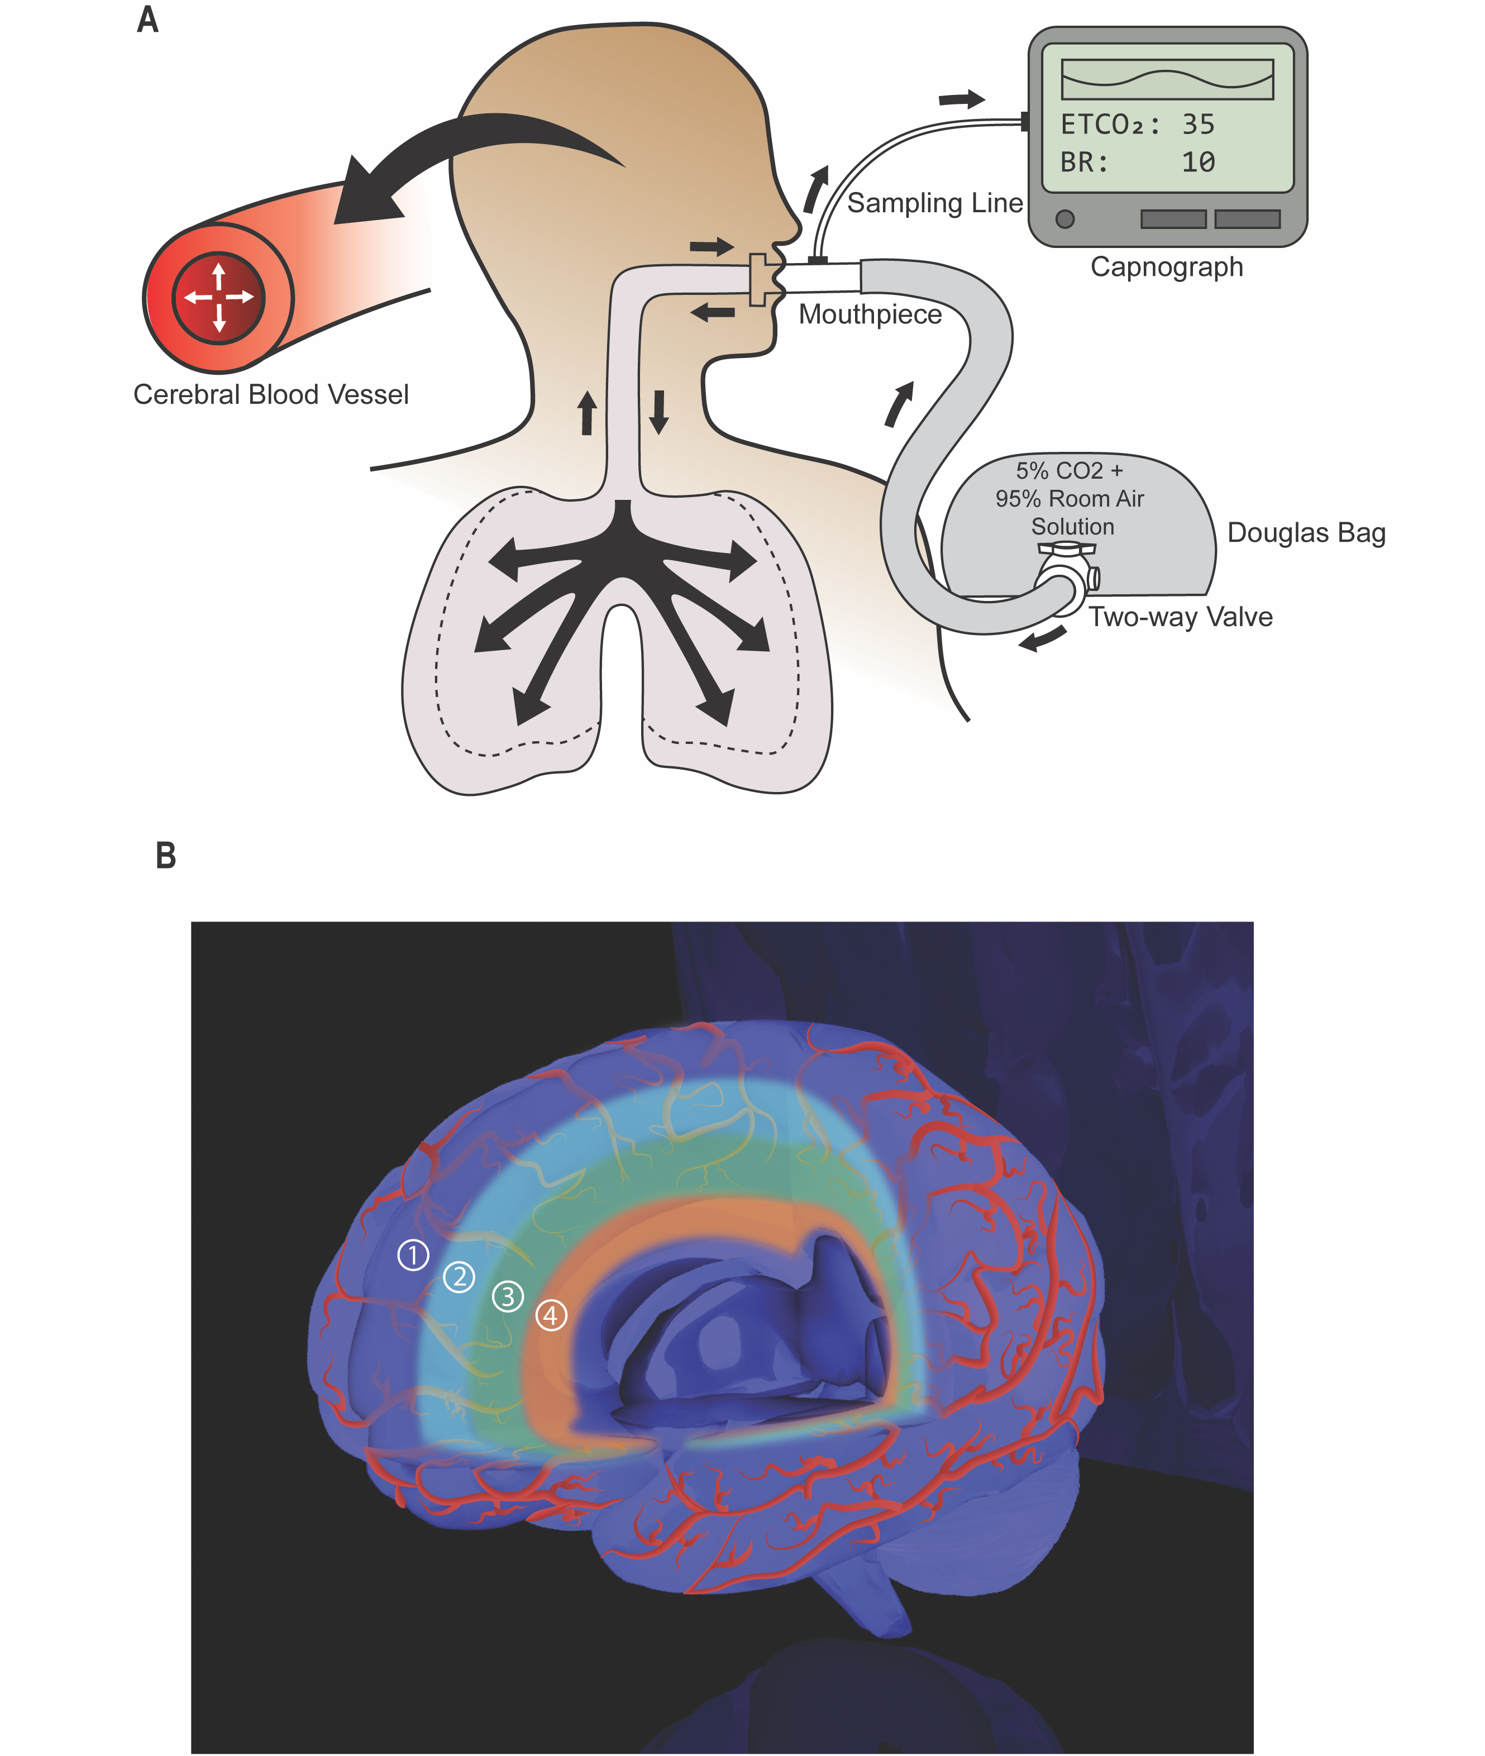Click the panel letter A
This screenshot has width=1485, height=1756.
click(147, 20)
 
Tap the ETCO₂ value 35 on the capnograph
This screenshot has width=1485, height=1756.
click(1198, 125)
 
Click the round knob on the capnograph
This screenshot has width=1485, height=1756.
click(1065, 219)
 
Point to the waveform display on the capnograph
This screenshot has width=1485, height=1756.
click(1167, 80)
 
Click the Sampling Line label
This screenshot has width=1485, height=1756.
click(934, 203)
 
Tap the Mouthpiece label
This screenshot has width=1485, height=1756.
click(870, 314)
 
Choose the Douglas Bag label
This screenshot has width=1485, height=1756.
click(1306, 533)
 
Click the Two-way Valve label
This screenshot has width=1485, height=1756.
click(1180, 617)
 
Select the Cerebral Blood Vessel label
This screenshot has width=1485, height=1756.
click(271, 395)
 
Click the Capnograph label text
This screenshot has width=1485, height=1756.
click(1167, 267)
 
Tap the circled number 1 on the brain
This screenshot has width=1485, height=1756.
click(413, 1255)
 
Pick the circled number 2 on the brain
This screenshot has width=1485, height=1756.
click(459, 1277)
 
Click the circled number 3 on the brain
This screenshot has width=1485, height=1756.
click(508, 1296)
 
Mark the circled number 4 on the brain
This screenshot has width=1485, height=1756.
click(551, 1315)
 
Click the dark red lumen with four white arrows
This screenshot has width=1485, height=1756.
click(219, 297)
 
